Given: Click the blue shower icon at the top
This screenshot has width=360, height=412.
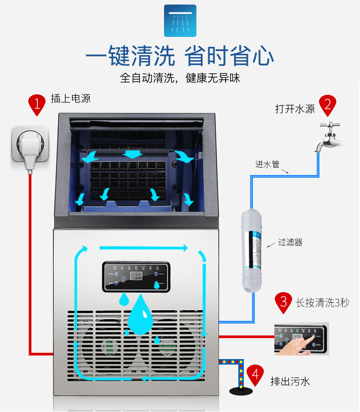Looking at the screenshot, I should [180, 21].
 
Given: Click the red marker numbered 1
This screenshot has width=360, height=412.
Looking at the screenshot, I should [37, 104].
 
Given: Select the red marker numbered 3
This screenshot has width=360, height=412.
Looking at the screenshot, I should [283, 302].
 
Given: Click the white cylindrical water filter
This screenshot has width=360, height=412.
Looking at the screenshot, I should [252, 251].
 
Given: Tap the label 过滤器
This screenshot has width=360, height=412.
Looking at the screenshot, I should [290, 242].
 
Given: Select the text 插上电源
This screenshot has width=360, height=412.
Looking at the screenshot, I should [71, 98].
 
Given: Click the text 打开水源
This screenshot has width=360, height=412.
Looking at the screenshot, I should [295, 109].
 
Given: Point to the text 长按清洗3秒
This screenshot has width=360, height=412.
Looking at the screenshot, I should [322, 302].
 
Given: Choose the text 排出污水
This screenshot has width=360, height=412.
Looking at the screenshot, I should [290, 381].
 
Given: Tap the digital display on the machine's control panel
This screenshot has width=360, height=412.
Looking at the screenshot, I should [136, 276].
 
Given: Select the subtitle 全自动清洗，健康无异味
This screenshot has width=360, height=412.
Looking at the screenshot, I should [180, 78].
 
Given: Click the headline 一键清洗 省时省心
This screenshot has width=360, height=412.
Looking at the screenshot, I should [180, 57].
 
